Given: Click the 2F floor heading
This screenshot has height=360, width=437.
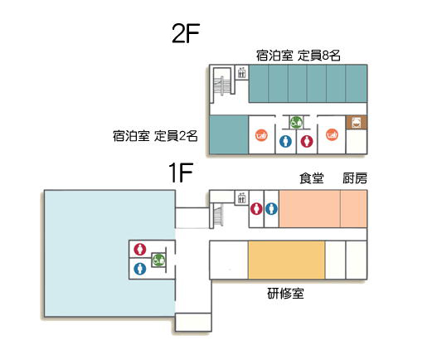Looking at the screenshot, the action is [186, 33].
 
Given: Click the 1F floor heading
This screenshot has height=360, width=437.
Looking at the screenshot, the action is [181, 173].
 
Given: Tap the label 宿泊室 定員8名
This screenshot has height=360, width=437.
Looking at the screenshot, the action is [299, 56].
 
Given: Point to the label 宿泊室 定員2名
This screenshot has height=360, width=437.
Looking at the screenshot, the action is [155, 136].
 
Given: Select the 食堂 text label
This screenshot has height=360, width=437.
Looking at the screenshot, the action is [312, 178].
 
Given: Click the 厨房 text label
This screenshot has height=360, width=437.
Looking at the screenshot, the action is [355, 178].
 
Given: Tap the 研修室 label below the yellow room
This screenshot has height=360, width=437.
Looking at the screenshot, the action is [285, 294].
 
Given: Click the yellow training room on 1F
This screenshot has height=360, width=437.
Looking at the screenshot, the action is [287, 260].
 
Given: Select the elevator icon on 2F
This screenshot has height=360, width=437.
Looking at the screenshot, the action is [241, 72].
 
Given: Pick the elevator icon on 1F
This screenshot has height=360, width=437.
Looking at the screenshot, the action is [241, 198].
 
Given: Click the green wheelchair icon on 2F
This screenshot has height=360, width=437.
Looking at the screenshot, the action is [296, 123].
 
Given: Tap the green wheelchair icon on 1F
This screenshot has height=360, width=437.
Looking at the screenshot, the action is [158, 260].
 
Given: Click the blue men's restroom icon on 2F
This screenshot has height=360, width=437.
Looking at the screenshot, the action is [285, 141].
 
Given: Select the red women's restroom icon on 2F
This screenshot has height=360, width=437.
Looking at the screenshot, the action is [307, 141].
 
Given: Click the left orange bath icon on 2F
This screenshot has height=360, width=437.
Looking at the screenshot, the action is [261, 135].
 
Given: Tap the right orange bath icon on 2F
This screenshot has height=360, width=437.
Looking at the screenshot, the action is [332, 134].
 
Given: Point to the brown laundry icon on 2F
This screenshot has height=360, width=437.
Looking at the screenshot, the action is [357, 123].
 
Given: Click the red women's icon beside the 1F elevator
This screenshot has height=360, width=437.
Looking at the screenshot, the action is [256, 209].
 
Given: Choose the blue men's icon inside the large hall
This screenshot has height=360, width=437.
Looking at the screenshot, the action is [140, 269].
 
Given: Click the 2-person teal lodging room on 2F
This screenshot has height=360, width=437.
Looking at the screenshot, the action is [229, 134].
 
